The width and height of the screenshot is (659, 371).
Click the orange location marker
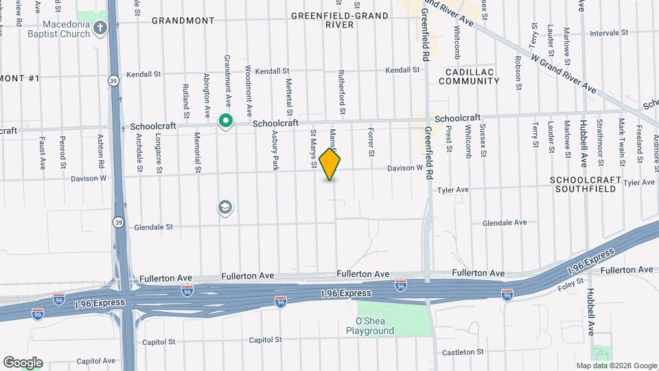click(330, 164)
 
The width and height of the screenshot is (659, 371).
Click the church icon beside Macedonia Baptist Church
click(100, 28)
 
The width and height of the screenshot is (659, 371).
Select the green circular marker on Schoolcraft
click(225, 122)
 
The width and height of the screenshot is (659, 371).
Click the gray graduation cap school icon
click(224, 207)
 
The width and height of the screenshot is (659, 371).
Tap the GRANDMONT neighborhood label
click(183, 21)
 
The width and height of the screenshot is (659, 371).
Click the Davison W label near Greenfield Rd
click(405, 168)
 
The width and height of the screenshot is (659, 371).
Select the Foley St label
click(570, 281)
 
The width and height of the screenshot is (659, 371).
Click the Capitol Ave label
click(96, 361)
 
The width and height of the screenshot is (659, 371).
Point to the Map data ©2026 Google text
click(616, 366)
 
